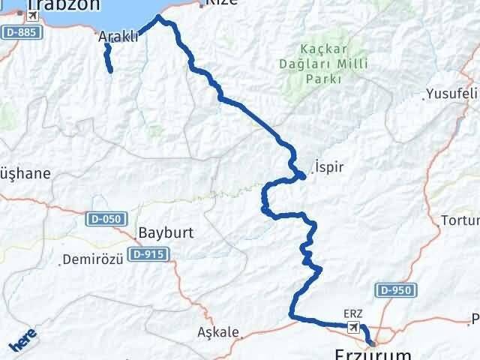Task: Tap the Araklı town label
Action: pos(118,36)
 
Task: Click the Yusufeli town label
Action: pos(451,94)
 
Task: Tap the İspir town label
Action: pos(329,166)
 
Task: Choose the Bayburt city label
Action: pos(166,232)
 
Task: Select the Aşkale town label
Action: pos(217,331)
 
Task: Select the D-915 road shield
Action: pos(153,255)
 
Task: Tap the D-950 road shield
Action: pos(394,290)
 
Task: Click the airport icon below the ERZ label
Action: pos(353,327)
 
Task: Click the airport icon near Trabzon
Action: pos(31,15)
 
